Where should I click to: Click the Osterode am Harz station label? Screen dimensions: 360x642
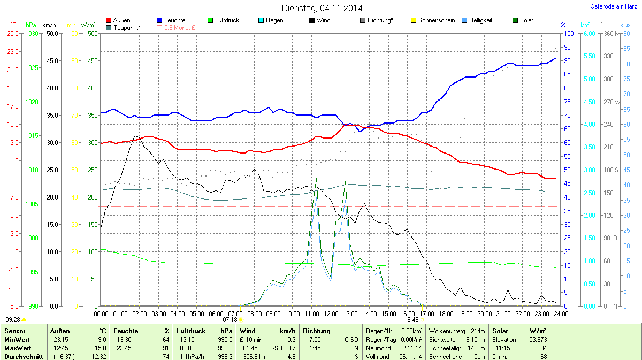tap(610, 6)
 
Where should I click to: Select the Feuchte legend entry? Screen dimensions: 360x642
tap(174, 20)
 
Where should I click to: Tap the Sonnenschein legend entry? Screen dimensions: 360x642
tap(435, 20)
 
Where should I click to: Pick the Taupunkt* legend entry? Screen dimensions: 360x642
tap(127, 27)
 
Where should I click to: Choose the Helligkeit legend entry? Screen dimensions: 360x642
tap(480, 20)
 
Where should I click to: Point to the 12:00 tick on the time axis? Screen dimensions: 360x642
tap(331, 313)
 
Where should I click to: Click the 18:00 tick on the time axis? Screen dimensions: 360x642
tap(446, 313)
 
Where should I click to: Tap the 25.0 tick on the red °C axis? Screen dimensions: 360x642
tap(12, 33)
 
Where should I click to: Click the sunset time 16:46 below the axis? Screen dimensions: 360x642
tap(411, 320)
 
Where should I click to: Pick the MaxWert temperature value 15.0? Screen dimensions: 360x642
tap(101, 348)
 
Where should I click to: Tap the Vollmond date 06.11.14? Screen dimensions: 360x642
tap(410, 357)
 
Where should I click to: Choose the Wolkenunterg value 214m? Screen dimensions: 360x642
tap(478, 331)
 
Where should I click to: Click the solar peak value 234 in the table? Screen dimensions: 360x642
tap(557, 348)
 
